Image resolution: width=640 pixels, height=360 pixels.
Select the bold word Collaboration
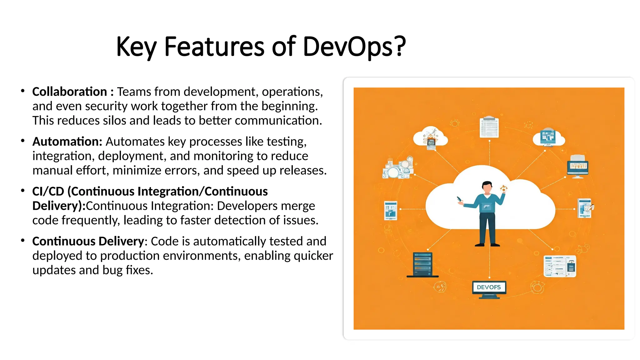pos(69,92)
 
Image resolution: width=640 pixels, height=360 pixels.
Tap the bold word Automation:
pos(67,142)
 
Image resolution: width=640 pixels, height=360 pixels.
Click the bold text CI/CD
pos(48,191)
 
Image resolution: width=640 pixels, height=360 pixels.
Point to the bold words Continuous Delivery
pos(88,241)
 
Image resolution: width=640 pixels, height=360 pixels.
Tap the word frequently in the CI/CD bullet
pos(91,220)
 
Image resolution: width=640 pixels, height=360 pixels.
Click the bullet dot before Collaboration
pos(22,91)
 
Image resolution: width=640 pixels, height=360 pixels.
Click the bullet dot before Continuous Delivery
pos(22,241)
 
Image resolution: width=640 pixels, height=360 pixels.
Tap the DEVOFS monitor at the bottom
pos(489,287)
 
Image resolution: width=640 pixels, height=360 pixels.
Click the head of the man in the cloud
pos(487,187)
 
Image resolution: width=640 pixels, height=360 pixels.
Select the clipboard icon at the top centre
pos(489,127)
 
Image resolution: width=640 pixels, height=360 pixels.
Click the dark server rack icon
pos(422,264)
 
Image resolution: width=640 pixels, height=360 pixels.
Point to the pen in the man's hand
pos(459,199)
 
